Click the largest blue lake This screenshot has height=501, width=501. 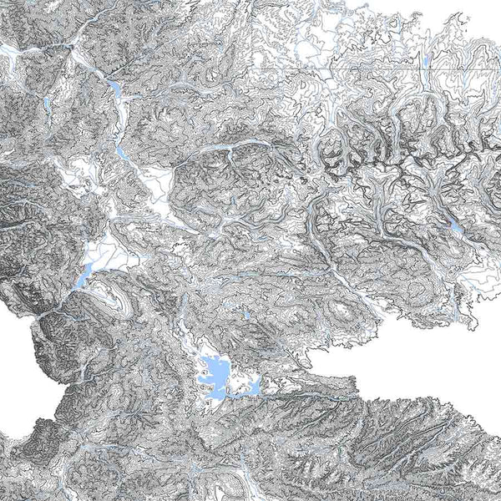214,372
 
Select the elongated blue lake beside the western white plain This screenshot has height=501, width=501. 85,275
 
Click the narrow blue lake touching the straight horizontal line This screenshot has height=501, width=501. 427,61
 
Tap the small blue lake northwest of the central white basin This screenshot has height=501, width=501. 123,153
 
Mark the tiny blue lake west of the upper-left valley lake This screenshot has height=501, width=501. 48,104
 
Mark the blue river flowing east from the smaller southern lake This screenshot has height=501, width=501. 301,397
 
